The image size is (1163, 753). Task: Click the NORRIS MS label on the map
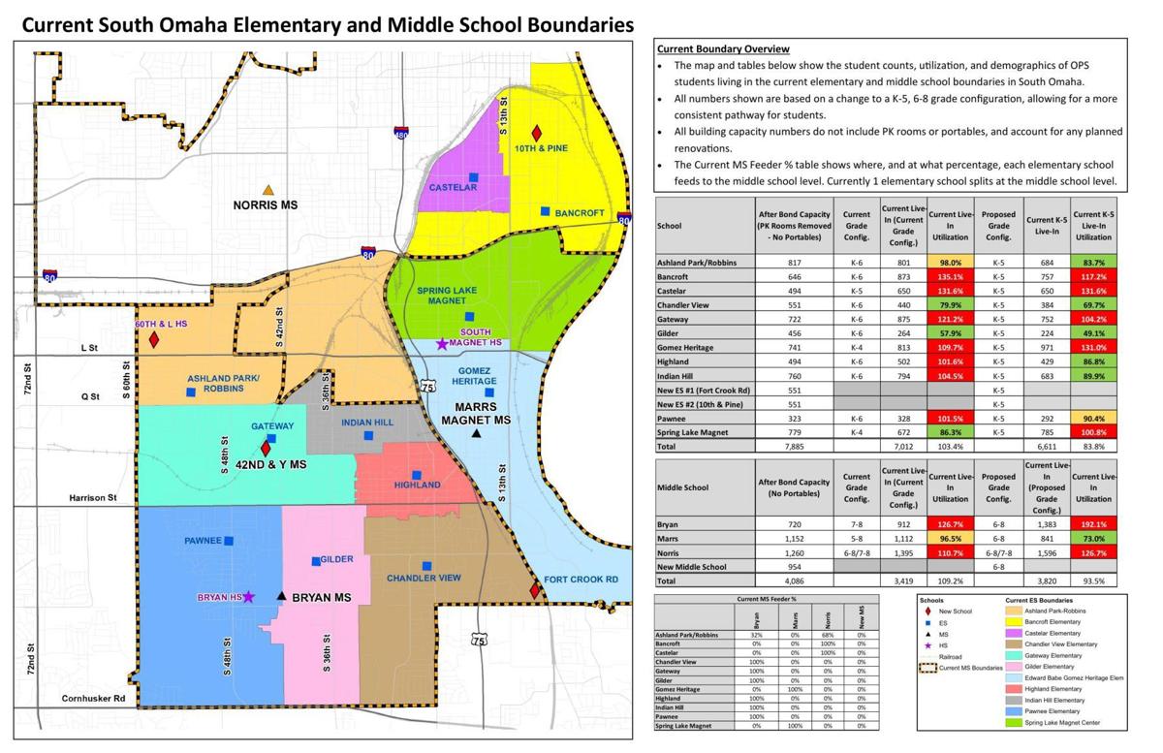pyautogui.click(x=268, y=205)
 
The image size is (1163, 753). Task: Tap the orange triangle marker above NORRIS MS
pyautogui.click(x=268, y=190)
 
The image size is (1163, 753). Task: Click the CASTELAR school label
pyautogui.click(x=454, y=187)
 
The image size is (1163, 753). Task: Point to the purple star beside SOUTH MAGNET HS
pyautogui.click(x=443, y=343)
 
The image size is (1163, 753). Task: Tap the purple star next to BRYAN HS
pyautogui.click(x=249, y=597)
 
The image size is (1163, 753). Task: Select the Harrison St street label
pyautogui.click(x=92, y=498)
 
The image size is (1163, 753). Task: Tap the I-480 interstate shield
pyautogui.click(x=400, y=133)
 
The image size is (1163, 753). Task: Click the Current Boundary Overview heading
pyautogui.click(x=722, y=48)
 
